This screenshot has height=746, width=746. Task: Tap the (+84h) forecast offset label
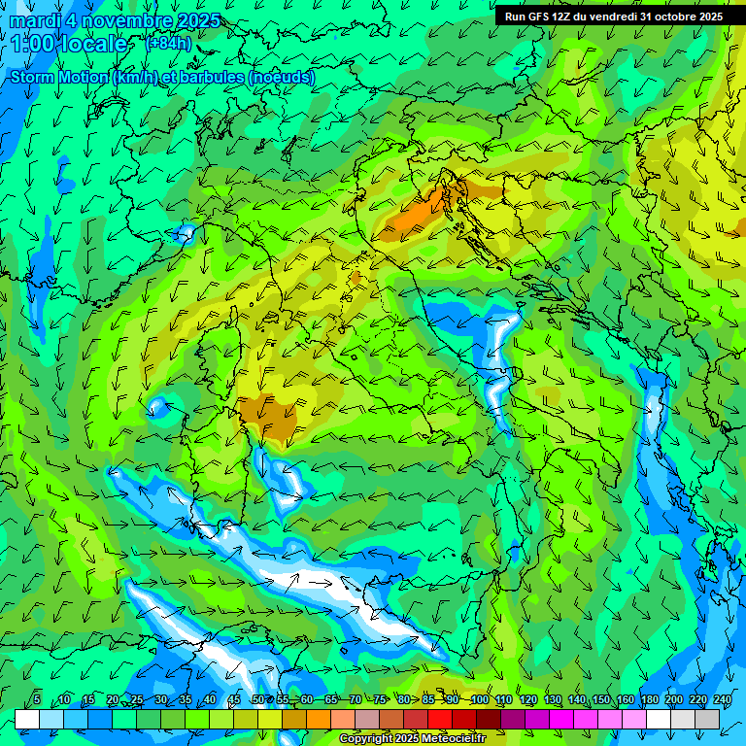click(167, 44)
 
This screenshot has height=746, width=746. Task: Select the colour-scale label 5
click(37, 699)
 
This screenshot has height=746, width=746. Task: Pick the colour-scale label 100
click(479, 699)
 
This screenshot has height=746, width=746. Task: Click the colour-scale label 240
click(723, 699)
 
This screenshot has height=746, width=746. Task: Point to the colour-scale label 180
click(650, 699)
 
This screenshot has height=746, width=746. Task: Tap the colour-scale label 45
click(234, 699)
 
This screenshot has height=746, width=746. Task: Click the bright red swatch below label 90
click(440, 719)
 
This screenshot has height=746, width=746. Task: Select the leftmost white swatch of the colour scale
click(27, 719)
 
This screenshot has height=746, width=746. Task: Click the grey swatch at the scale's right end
click(707, 719)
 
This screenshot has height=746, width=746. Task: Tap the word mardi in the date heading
click(32, 20)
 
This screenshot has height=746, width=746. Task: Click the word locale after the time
click(91, 44)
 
